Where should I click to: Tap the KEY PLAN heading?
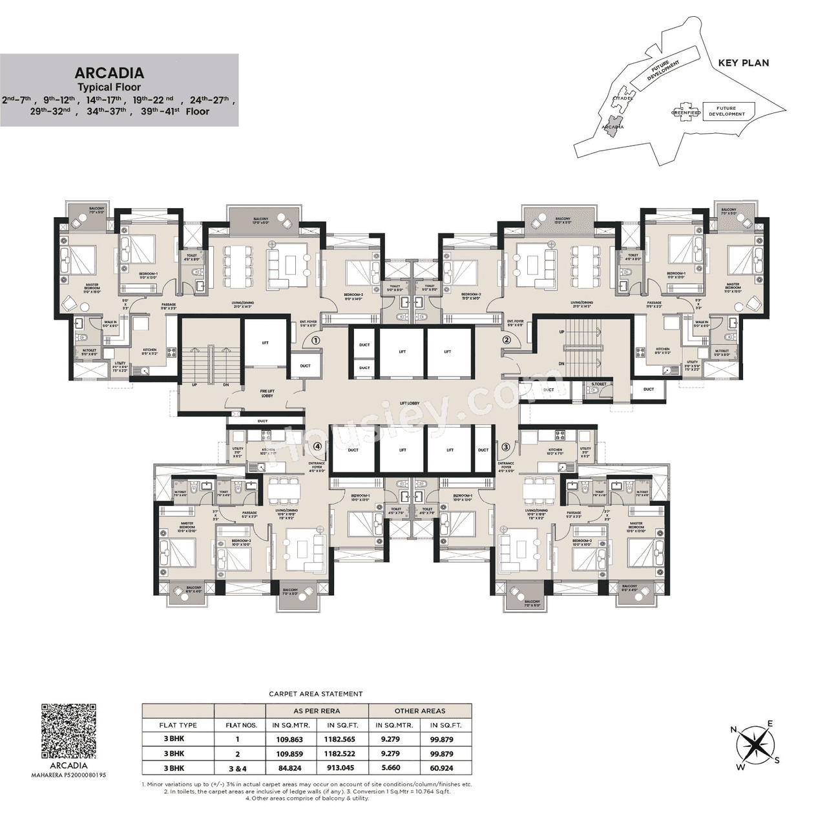coord(743,63)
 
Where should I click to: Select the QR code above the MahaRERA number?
coord(68,730)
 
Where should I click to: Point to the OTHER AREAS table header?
coord(420,710)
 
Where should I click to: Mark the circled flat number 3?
coord(506,446)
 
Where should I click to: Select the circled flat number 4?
coord(317,446)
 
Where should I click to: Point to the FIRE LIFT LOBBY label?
coord(267,393)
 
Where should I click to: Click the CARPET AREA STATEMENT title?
coord(315,694)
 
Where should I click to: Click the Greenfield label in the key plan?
coord(686,112)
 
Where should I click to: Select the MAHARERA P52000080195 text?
coord(68,774)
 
